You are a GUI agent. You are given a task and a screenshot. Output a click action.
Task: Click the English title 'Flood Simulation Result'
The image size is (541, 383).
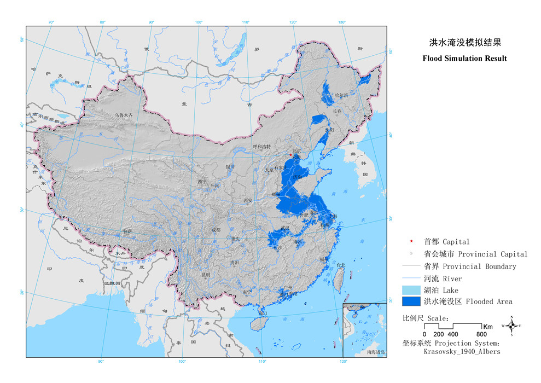click(464, 59)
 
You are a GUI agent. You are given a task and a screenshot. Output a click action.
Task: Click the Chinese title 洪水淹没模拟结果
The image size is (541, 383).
click(464, 42)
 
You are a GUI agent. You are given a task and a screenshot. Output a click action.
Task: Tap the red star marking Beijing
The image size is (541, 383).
click(290, 155)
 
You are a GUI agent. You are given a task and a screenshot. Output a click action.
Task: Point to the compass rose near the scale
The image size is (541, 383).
click(511, 326)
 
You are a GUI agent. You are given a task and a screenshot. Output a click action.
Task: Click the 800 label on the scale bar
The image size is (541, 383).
click(481, 334)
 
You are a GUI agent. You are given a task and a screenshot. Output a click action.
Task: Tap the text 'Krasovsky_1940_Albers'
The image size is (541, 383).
click(462, 352)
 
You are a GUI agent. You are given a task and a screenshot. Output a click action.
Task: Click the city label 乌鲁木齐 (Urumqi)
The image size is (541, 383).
click(124, 115)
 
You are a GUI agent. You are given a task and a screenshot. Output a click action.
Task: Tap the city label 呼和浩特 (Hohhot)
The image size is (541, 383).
click(261, 147)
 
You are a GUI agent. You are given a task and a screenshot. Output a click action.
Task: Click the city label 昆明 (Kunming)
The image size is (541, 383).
click(206, 275)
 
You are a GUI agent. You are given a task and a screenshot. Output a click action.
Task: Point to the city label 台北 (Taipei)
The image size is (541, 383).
click(340, 265)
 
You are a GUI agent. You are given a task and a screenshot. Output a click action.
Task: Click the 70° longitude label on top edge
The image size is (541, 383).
click(51, 22)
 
